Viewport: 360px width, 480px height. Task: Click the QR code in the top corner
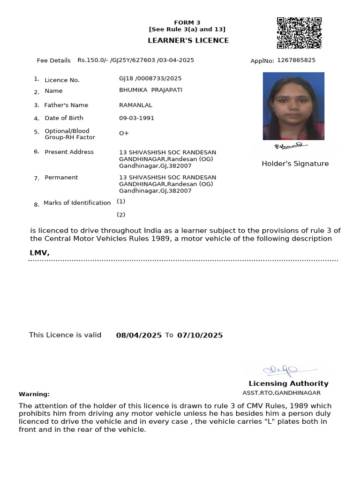tap(299, 33)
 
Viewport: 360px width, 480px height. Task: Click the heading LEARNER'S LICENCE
tap(188, 40)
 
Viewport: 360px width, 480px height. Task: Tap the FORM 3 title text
tap(187, 22)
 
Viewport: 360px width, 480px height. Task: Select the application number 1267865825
tap(296, 60)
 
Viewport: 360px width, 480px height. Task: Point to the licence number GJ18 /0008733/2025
tap(150, 79)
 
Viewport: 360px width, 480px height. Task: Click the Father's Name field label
tap(66, 105)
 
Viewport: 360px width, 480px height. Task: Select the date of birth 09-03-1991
tap(136, 118)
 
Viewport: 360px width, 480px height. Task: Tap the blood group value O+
tap(124, 134)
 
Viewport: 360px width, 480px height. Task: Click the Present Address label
tap(69, 152)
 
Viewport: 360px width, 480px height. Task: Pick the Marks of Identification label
tap(77, 203)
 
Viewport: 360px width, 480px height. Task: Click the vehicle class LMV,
tap(39, 253)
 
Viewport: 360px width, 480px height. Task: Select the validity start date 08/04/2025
tap(139, 335)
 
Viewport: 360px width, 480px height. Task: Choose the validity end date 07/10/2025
tap(200, 335)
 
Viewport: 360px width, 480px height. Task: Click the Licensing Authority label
tap(288, 383)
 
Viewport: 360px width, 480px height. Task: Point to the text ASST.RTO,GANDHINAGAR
tap(281, 393)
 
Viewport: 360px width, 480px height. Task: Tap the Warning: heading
tap(34, 394)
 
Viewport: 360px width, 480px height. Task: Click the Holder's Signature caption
tap(295, 164)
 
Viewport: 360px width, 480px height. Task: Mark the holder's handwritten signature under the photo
tap(288, 147)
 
